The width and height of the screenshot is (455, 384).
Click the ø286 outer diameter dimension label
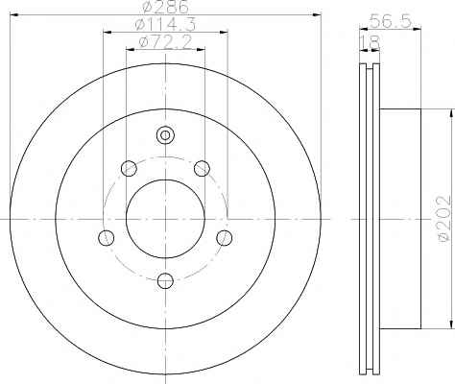point(166,7)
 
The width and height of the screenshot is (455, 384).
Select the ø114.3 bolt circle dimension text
point(165,24)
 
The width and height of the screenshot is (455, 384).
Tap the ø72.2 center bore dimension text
point(165,42)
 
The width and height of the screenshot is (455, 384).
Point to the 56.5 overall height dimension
point(390,21)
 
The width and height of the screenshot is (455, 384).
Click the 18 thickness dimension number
point(370,42)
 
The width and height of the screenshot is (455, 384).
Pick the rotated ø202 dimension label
point(444,219)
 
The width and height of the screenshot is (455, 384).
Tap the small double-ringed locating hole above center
point(165,135)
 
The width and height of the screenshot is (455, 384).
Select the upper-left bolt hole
point(129,168)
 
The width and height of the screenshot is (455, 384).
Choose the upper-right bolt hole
point(203,168)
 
